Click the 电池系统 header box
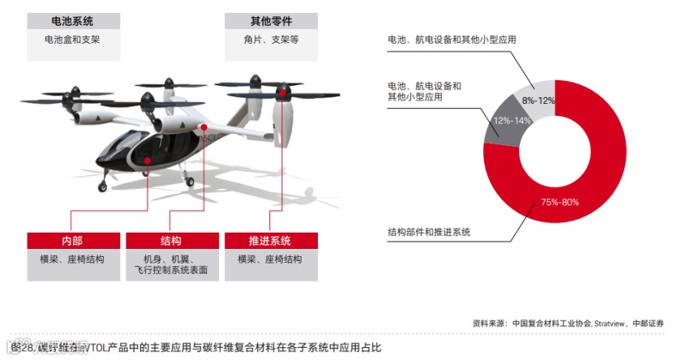[73, 21]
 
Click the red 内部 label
[72, 242]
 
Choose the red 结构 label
[171, 242]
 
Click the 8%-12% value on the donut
[538, 101]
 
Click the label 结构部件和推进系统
[429, 232]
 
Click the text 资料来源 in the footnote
[490, 324]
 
